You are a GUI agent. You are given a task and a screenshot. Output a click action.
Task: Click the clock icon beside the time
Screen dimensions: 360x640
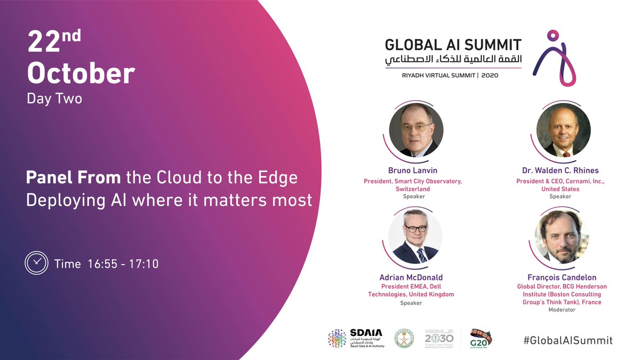point(36,263)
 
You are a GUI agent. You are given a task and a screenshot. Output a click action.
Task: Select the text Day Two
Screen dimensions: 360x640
point(54,99)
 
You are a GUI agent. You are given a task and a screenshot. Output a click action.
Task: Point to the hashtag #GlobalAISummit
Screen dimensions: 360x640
point(567,340)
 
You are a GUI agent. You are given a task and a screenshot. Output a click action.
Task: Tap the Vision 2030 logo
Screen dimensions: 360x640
point(439,338)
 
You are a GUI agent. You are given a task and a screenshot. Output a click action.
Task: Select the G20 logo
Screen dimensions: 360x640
point(481,338)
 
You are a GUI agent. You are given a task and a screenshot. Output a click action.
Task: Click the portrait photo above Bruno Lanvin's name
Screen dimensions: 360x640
point(415,130)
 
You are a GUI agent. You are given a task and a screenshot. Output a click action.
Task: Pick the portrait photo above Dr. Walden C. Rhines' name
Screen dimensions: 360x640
point(563,130)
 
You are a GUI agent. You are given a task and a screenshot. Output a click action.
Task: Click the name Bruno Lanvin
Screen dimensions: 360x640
point(413,171)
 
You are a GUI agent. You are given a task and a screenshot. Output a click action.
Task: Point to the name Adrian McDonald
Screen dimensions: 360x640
point(411,277)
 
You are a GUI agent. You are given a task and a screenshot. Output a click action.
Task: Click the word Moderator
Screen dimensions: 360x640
point(562,310)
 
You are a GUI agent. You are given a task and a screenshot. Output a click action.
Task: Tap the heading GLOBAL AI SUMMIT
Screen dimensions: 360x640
point(453,45)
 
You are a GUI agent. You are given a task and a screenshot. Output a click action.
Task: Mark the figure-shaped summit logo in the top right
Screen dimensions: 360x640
point(555,58)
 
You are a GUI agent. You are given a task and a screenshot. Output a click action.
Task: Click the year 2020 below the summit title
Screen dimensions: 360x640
point(490,76)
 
